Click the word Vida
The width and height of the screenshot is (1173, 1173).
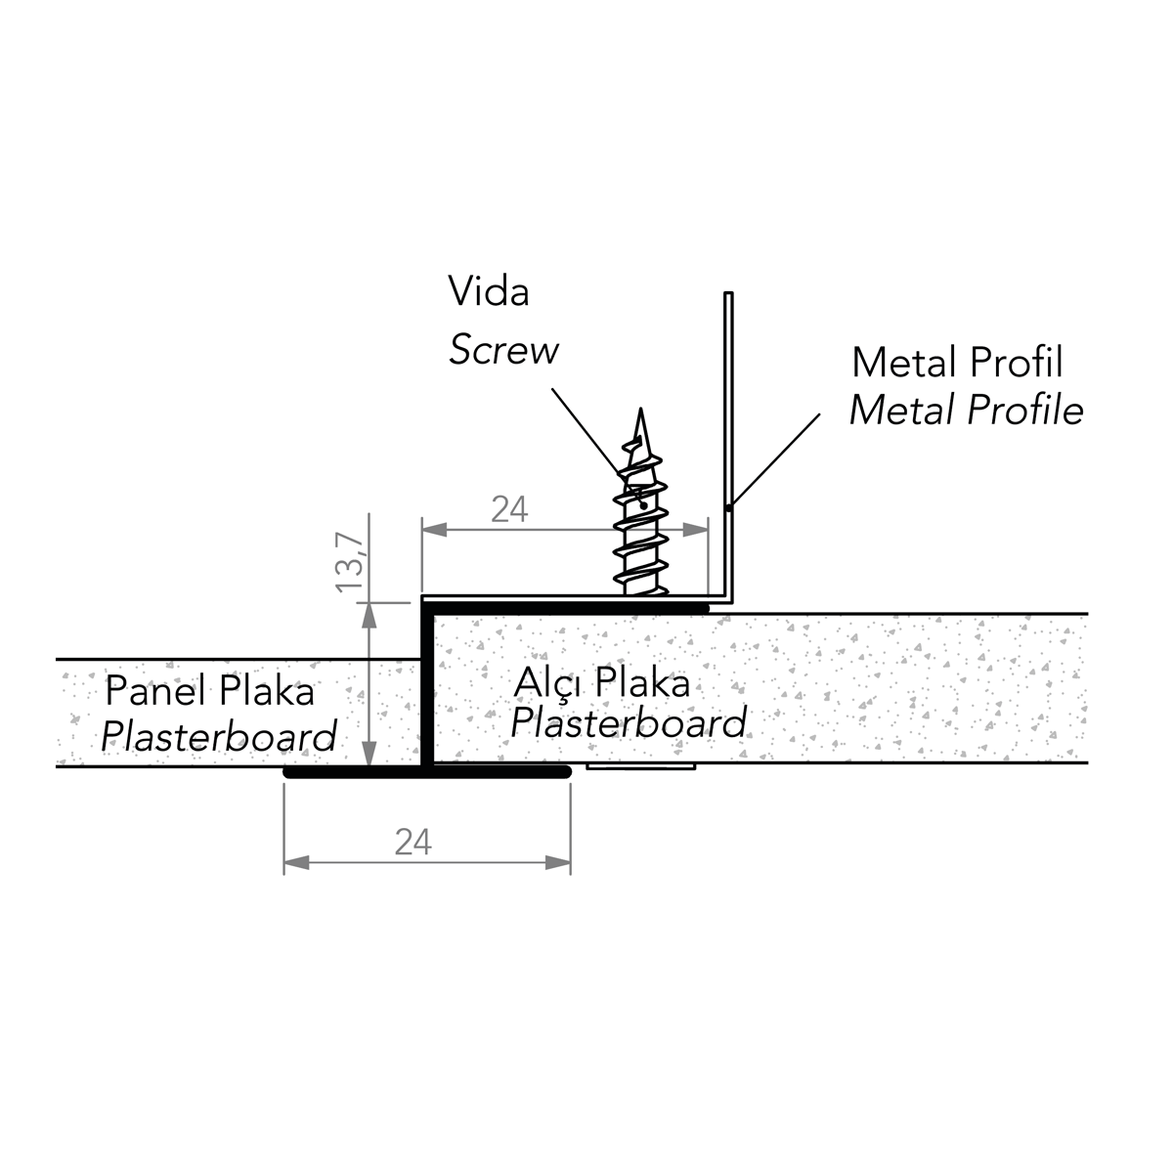coord(489,291)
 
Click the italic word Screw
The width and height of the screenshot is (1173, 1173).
coord(503,350)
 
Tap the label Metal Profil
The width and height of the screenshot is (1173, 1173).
coord(957,363)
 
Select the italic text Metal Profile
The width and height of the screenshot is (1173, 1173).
coord(966,411)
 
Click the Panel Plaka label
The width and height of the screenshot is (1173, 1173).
coord(209,691)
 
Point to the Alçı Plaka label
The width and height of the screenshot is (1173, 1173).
coord(601,682)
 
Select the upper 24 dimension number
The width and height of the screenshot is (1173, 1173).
coord(509,509)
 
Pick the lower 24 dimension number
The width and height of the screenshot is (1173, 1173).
coord(413,842)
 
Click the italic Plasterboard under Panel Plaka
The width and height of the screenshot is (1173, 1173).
coord(219,736)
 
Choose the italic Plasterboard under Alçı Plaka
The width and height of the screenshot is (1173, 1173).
coord(629,723)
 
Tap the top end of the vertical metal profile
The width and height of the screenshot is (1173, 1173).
coord(727,294)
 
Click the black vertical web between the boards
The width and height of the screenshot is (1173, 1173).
coord(427,684)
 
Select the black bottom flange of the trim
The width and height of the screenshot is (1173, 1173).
coord(426,771)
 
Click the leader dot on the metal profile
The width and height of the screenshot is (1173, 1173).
coord(729,506)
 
